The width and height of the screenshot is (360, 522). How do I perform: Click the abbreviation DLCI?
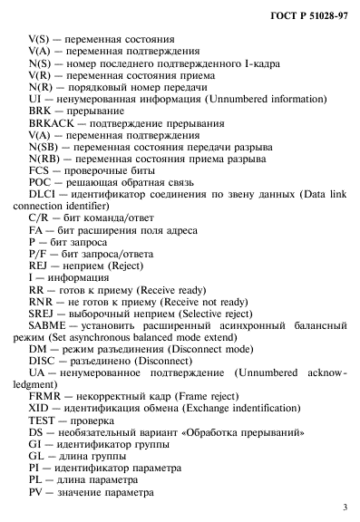[x=42, y=194]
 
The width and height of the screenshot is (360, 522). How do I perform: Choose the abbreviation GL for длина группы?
[x=36, y=455]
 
